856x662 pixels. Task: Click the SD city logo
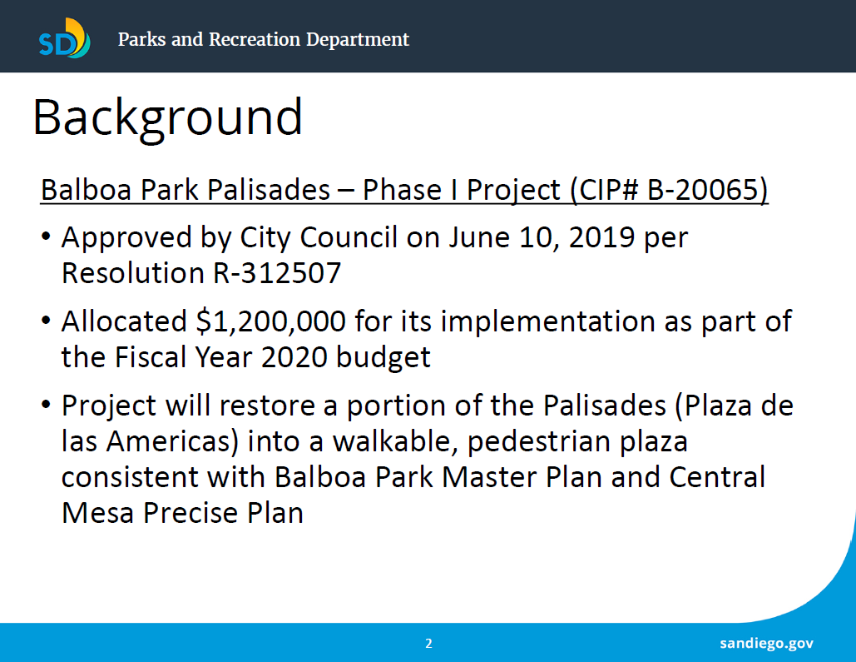click(x=64, y=38)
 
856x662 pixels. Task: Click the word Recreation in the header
click(x=255, y=39)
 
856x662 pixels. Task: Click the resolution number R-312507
click(x=277, y=273)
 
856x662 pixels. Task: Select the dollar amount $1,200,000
click(x=271, y=321)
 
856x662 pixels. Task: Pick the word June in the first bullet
click(x=479, y=238)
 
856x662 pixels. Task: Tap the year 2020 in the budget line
click(x=294, y=357)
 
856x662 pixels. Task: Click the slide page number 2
click(x=428, y=644)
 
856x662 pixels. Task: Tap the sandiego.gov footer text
click(x=766, y=644)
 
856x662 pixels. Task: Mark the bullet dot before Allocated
click(x=46, y=321)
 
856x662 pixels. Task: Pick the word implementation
click(x=547, y=322)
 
